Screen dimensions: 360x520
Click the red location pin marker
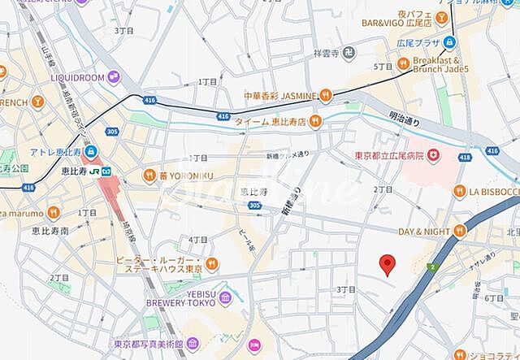388,264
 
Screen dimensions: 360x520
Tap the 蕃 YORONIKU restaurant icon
149,174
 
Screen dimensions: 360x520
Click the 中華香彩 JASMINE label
279,96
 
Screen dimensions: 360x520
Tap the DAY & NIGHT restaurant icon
460,232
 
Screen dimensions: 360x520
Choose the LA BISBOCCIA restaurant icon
460,190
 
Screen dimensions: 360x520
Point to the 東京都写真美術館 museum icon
192,344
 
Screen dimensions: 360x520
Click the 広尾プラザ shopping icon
449,42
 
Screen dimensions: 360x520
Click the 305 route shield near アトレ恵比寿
112,132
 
